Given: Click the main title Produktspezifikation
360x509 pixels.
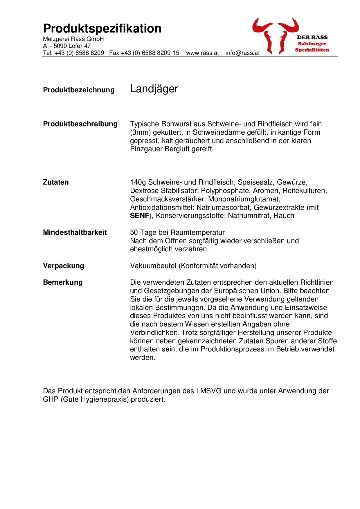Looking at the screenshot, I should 102,29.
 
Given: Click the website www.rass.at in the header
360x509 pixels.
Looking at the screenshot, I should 202,53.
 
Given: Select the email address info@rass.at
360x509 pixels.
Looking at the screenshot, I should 242,53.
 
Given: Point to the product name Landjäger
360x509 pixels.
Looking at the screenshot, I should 154,89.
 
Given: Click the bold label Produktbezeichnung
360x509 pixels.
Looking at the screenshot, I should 79,90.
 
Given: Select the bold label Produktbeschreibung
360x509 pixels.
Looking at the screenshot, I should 80,124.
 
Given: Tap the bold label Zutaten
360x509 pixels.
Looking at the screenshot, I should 56,182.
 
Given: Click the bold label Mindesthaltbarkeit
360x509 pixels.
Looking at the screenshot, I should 75,232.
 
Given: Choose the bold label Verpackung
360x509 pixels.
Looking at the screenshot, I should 63,266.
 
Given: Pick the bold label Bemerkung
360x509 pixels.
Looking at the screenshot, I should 63,282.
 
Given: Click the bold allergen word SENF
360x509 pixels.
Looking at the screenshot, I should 140,216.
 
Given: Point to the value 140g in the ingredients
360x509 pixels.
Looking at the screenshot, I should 138,182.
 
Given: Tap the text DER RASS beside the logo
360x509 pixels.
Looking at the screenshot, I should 312,37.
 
